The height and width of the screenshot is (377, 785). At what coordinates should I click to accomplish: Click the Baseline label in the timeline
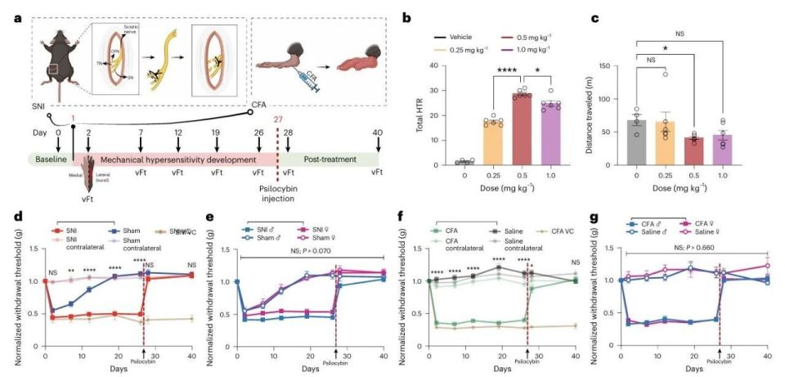point(50,157)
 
